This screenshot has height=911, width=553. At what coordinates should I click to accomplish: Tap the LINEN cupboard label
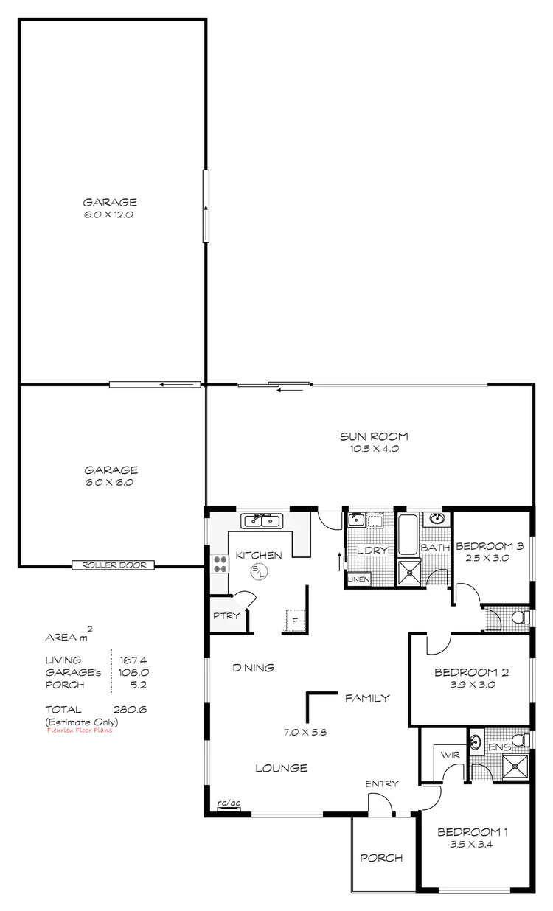[x=358, y=580]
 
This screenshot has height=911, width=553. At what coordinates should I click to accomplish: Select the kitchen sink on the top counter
[x=261, y=521]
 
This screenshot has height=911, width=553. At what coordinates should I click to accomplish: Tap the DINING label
[x=253, y=669]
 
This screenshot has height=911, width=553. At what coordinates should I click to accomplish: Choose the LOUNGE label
[x=280, y=767]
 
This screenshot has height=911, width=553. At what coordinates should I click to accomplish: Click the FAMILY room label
[x=364, y=697]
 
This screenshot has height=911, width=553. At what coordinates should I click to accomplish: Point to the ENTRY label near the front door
[x=382, y=783]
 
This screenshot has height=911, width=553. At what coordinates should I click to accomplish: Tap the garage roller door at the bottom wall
[x=114, y=565]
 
